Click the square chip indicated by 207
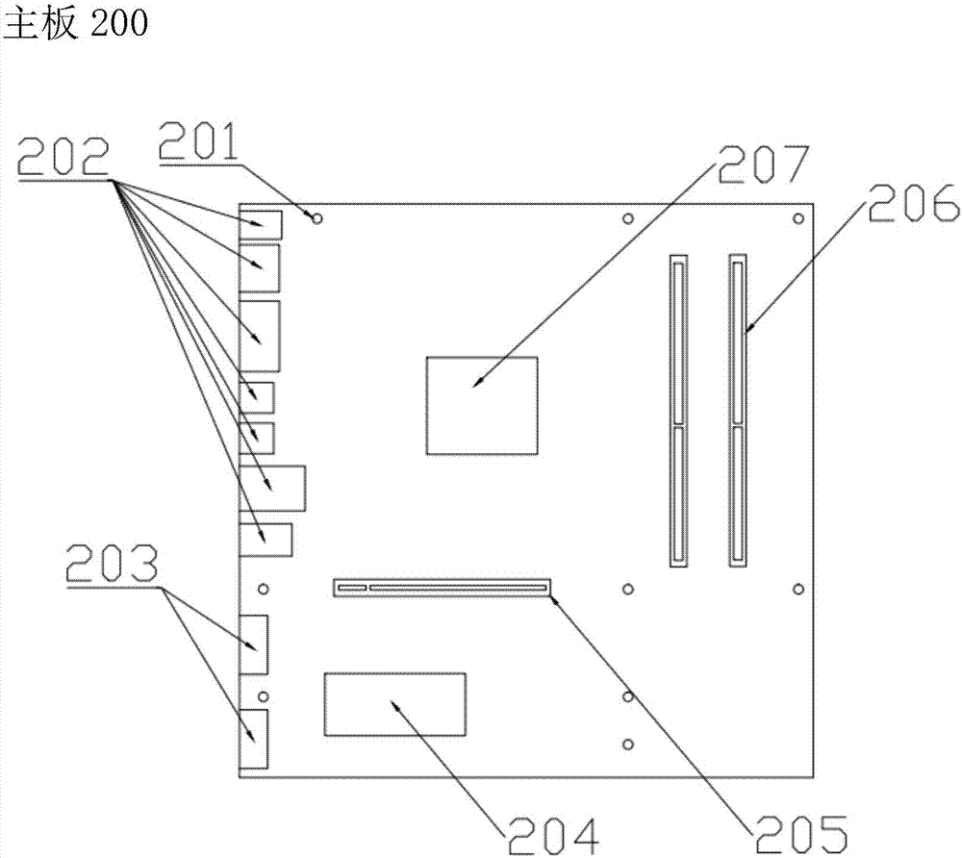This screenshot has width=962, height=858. tap(482, 404)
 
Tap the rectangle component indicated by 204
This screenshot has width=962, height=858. tap(394, 705)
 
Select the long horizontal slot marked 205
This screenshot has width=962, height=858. tap(442, 586)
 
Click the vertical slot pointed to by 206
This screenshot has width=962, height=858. tap(738, 409)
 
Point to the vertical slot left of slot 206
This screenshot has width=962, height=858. tap(677, 409)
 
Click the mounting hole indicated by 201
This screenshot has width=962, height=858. tap(316, 217)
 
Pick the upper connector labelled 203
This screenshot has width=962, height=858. tap(255, 645)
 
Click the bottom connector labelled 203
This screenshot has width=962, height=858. tap(255, 738)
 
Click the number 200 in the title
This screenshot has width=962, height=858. tap(119, 23)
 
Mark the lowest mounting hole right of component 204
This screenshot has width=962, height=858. tap(627, 744)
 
